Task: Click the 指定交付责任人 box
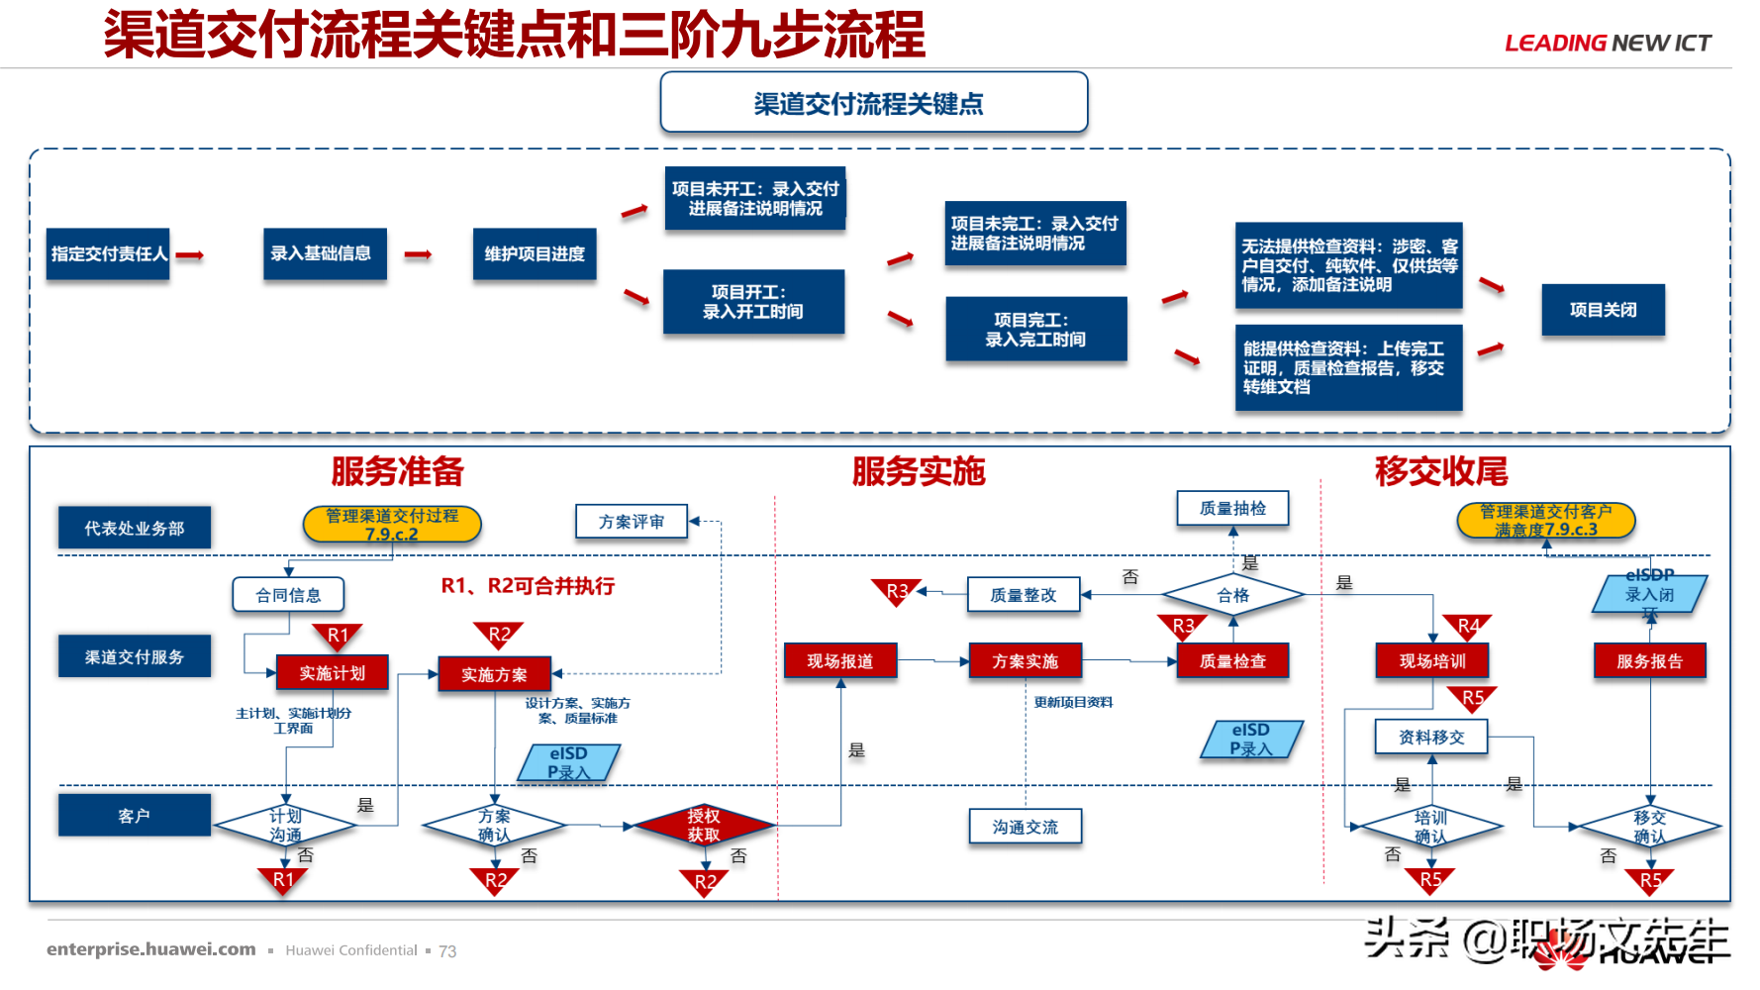(108, 254)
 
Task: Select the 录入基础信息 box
(324, 254)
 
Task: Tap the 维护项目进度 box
(535, 254)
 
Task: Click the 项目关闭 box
(1603, 310)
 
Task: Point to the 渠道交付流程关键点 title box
(873, 103)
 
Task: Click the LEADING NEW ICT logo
(1608, 43)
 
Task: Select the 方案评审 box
(632, 521)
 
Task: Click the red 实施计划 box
(332, 673)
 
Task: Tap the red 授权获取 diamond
(704, 825)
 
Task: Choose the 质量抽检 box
(1232, 508)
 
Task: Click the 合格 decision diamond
(1232, 595)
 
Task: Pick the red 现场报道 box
(839, 661)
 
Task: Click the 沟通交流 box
(1025, 827)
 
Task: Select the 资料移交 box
(1430, 737)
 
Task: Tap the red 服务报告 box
(1649, 661)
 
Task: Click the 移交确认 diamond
(1649, 826)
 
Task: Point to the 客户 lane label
(134, 816)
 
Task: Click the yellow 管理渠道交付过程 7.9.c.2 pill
(392, 524)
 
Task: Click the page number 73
(447, 951)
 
